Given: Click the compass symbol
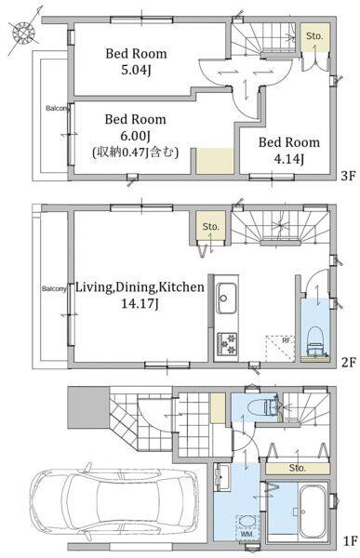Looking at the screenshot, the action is coord(24,33).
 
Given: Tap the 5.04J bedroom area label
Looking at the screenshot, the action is coord(136,70).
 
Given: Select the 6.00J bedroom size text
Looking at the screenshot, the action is coord(136,136).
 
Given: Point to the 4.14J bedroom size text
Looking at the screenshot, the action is coord(288,159).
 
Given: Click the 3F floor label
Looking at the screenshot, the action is coord(348,176).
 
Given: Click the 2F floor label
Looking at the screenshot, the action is coord(348,363).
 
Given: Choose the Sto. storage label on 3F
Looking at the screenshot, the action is coord(314,36).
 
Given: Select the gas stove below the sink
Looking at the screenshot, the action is coord(226,343).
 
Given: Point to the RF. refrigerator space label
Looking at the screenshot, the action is coord(287,340).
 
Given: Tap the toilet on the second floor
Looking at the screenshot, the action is coord(314,341).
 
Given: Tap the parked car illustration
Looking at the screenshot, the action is coord(113,499).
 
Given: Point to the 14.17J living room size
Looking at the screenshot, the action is coord(140,303).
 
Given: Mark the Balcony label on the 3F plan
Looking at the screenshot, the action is coord(57,108).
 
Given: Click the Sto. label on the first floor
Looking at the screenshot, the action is coord(297,468).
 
